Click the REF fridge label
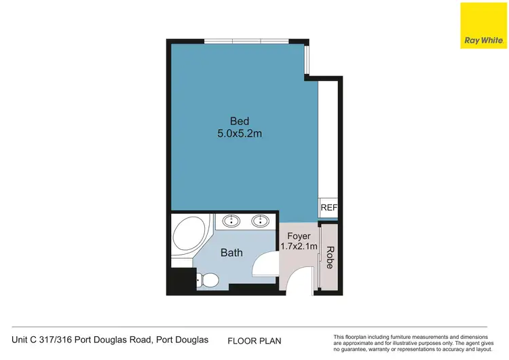coord(328,208)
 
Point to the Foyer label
coord(299,236)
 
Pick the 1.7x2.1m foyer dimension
coord(299,247)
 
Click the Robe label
coord(330,257)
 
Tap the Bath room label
coord(231,253)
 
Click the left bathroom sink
coord(231,221)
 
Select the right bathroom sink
coord(259,221)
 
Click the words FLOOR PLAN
coord(254,340)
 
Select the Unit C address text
coord(109,339)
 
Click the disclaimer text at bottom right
coord(410,344)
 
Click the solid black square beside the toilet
coord(181,281)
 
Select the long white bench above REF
coord(328,139)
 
